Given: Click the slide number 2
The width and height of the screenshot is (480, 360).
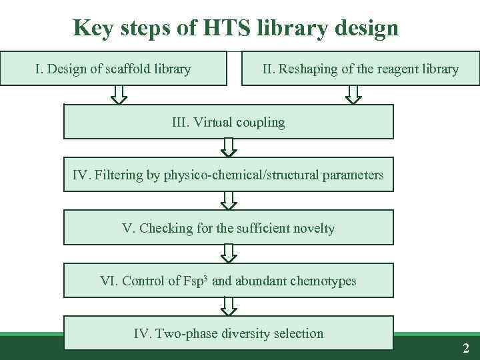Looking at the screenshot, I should (x=466, y=347).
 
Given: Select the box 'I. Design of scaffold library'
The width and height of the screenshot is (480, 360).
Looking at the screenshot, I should (x=113, y=69).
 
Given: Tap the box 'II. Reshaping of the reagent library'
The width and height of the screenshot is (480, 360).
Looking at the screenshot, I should (x=361, y=69).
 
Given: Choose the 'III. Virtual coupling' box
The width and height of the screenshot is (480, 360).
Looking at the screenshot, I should (x=229, y=122).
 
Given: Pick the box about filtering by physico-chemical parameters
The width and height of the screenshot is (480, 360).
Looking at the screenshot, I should (x=229, y=175).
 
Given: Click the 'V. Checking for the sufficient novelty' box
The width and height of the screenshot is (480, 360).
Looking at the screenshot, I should (x=229, y=228).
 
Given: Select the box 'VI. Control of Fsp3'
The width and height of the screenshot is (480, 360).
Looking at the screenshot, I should (x=229, y=281).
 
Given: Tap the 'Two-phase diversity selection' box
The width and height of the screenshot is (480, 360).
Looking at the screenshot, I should (x=229, y=333).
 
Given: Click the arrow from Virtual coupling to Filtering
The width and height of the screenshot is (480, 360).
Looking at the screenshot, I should (x=229, y=147).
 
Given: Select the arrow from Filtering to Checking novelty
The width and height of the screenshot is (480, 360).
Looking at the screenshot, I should (x=229, y=200).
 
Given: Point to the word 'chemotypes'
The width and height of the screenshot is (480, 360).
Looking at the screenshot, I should (x=323, y=281).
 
